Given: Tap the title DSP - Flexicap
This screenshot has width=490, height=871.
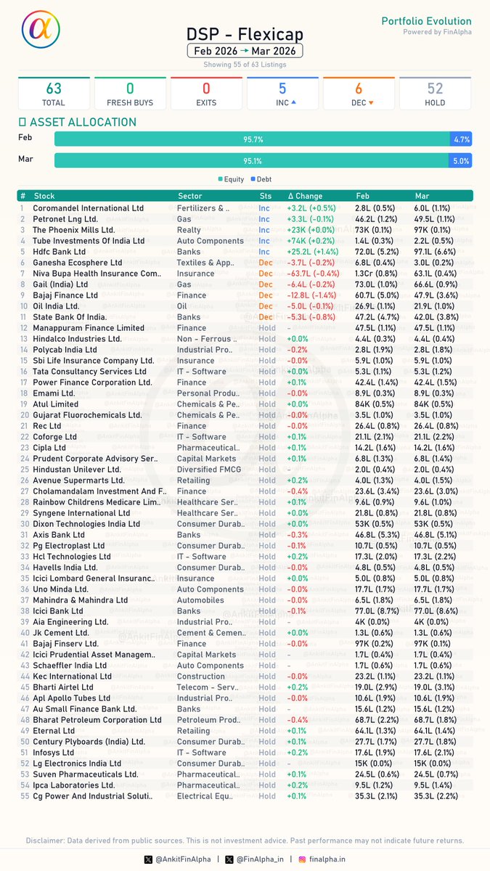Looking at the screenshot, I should click(x=245, y=34).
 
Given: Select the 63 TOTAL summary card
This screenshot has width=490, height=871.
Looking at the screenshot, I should click(x=53, y=94).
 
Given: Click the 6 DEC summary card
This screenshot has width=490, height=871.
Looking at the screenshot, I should click(x=359, y=94).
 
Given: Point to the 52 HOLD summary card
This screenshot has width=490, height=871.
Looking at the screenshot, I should click(x=435, y=94).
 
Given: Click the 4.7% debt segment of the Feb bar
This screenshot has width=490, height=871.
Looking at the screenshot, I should click(x=461, y=139).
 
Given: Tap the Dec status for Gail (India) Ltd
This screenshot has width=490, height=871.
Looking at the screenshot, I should click(x=266, y=285).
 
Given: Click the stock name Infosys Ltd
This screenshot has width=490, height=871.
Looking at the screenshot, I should click(x=57, y=753).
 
